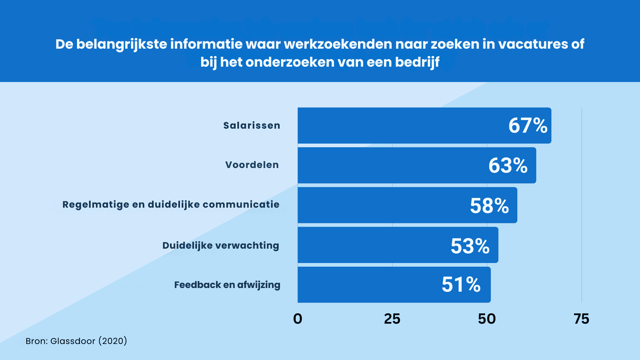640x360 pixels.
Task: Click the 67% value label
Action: [528, 126]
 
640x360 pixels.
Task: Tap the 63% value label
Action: [508, 165]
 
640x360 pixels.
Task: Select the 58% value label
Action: [489, 205]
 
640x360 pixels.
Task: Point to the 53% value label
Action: [470, 246]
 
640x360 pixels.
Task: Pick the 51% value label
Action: [461, 285]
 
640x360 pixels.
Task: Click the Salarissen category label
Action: [252, 126]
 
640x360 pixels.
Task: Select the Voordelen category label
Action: [252, 165]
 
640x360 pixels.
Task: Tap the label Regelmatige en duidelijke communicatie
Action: [171, 205]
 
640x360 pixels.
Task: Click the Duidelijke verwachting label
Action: [221, 246]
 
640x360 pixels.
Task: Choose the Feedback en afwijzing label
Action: [227, 285]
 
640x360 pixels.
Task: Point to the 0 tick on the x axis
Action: [298, 319]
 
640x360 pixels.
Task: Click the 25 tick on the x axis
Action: [392, 319]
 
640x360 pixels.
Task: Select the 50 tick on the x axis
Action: [487, 319]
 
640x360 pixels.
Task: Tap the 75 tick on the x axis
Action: [581, 319]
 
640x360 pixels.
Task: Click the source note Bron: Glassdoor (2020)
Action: [76, 341]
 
